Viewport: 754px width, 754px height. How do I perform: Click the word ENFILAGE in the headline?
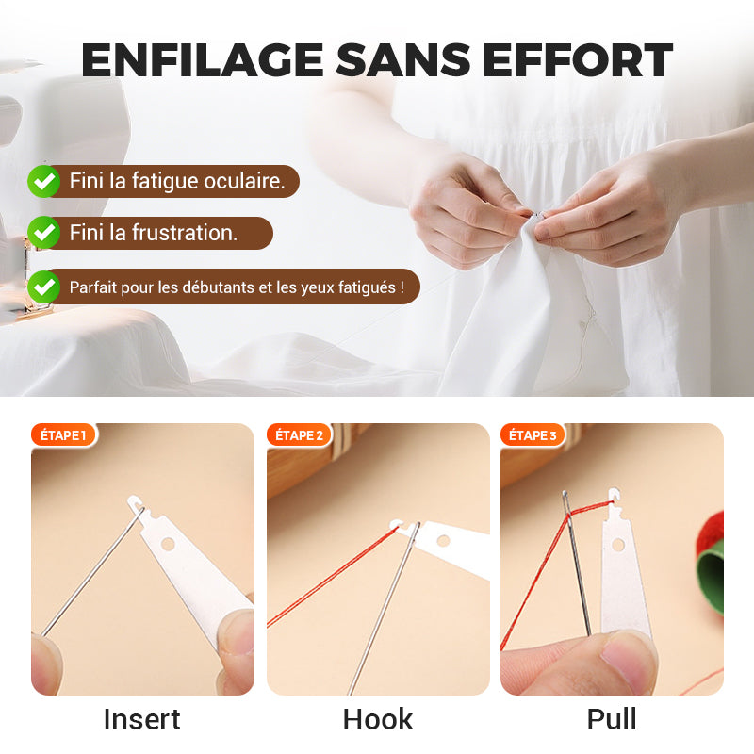click(x=202, y=59)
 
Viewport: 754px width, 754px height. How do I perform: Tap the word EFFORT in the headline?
click(x=577, y=59)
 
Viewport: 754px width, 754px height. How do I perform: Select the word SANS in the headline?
click(x=402, y=59)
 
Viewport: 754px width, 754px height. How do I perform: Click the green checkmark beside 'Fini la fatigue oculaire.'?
click(x=43, y=181)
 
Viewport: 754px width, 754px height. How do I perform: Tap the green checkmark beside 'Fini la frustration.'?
click(x=43, y=233)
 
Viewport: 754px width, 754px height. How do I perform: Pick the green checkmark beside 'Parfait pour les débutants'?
click(x=43, y=287)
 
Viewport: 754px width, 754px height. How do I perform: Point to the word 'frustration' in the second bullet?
click(x=185, y=233)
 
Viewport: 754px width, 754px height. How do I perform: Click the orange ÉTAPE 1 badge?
click(x=63, y=435)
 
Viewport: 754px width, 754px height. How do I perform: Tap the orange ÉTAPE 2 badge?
click(x=299, y=435)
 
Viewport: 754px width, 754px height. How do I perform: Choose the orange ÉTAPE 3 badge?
click(x=533, y=435)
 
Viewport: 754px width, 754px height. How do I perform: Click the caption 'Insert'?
click(x=142, y=720)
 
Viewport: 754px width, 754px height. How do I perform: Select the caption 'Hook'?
click(x=378, y=720)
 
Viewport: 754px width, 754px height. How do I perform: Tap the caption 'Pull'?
click(x=612, y=720)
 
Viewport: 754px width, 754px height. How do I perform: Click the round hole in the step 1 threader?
click(x=168, y=544)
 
